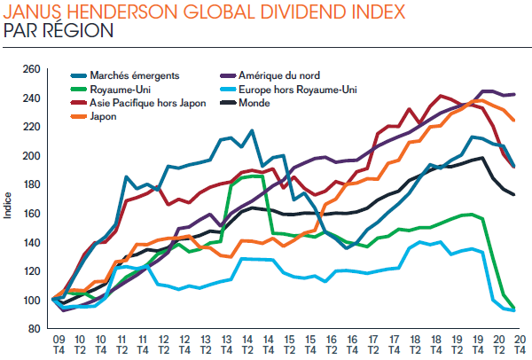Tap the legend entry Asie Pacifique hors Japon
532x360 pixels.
click(x=136, y=103)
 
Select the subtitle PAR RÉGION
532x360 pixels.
click(x=59, y=31)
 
